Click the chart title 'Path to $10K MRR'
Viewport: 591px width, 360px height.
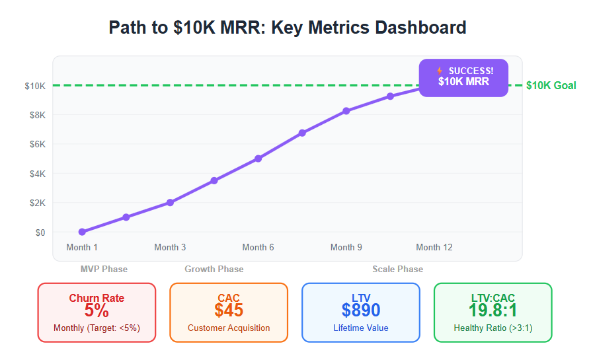coord(288,28)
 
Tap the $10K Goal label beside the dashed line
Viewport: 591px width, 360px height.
coord(551,85)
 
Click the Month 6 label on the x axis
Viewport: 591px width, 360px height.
coord(258,247)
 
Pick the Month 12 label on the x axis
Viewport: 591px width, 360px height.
coord(434,247)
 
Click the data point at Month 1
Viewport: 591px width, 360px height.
coord(82,232)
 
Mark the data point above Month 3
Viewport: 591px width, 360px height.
coord(170,203)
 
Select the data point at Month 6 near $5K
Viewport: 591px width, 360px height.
coord(258,159)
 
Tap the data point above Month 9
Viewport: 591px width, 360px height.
coord(346,111)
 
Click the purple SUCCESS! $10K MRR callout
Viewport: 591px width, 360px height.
coord(463,77)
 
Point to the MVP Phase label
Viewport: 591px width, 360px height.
coord(104,269)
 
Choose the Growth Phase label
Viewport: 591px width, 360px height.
coord(214,269)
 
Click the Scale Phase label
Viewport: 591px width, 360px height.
coord(397,269)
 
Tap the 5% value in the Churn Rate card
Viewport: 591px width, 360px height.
coord(97,310)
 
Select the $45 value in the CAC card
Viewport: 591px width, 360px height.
coord(229,310)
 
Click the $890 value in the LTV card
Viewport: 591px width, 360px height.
coord(361,310)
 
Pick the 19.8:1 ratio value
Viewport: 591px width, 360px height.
coord(493,310)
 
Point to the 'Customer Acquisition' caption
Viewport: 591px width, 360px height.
coord(229,328)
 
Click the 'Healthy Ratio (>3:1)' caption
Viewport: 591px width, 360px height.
coord(493,328)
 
